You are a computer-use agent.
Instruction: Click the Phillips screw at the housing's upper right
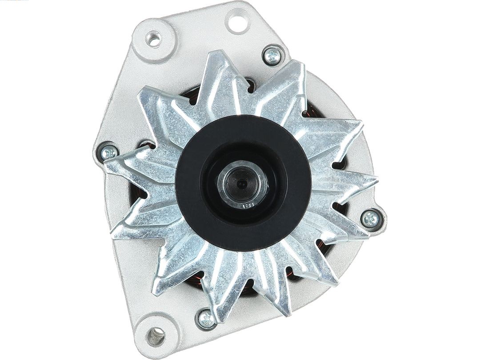tap(273, 55)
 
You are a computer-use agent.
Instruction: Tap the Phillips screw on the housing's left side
tap(108, 152)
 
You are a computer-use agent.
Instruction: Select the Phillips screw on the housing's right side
tap(370, 218)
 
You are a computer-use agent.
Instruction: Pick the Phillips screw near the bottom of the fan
tap(206, 317)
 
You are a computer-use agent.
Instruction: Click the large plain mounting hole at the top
tap(237, 19)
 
